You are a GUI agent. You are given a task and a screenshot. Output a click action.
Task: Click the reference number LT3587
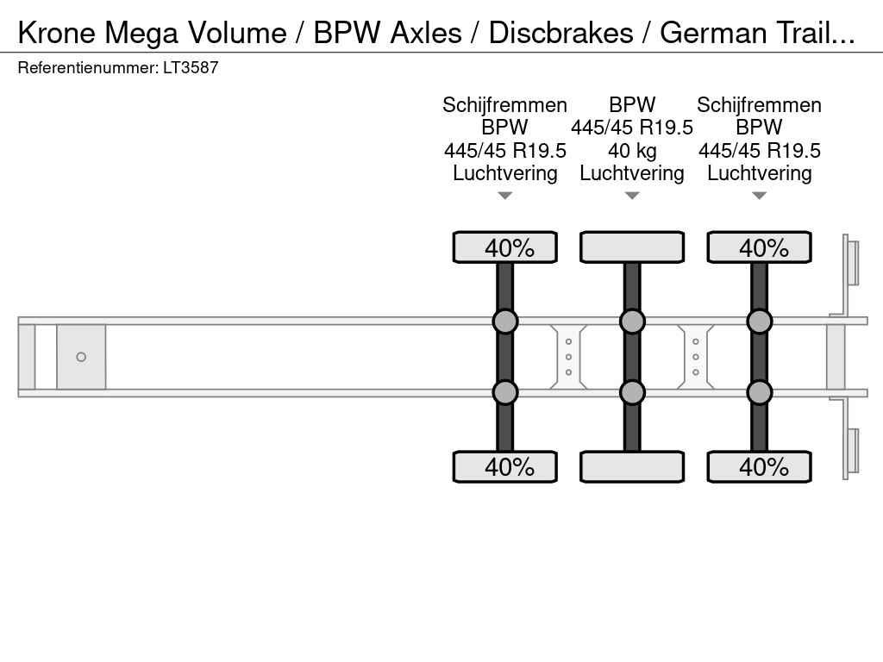191,67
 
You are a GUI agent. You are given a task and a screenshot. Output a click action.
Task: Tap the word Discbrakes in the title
560,33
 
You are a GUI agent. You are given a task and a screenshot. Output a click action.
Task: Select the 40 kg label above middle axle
632,151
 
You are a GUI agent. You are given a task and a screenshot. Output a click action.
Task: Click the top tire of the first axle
505,247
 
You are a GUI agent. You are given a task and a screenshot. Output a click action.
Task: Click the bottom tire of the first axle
505,467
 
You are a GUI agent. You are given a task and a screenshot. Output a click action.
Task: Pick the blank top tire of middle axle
632,247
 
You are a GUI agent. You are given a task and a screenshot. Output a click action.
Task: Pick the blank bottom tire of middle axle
632,467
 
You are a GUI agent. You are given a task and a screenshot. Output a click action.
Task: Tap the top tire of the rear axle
759,247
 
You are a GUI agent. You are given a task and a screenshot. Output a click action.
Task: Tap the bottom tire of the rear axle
759,467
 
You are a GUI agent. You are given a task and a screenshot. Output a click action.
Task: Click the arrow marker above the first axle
505,196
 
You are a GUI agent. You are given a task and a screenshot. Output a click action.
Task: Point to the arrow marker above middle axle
632,196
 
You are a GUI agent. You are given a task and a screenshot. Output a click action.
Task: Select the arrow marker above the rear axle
759,196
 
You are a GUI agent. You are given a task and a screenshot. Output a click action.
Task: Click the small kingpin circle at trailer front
81,357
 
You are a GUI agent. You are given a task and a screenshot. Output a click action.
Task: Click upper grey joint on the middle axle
632,322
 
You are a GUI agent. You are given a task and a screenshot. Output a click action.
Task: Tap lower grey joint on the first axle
505,392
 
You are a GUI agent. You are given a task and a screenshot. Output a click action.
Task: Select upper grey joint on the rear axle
759,322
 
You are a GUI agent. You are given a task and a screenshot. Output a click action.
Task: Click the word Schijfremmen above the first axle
505,105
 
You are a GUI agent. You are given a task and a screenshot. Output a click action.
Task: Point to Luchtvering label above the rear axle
759,173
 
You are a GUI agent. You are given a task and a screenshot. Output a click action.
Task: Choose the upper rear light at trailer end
853,262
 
